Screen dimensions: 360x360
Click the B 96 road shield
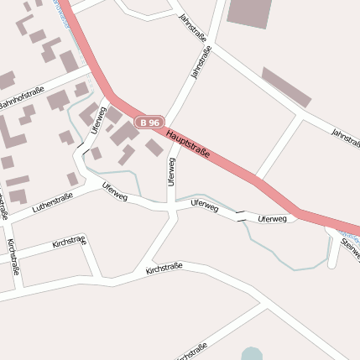pos(149,122)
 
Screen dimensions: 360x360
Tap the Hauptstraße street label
pos(187,143)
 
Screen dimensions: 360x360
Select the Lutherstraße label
pos(52,201)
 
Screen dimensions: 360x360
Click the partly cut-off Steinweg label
pos(350,247)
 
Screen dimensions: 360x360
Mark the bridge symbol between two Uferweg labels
pos(241,216)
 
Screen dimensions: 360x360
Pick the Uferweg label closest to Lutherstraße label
pos(114,191)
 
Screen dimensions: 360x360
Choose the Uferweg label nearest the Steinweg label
pos(273,219)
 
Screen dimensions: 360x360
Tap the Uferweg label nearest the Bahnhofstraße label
pos(97,119)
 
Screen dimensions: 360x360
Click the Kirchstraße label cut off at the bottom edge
pos(191,352)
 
